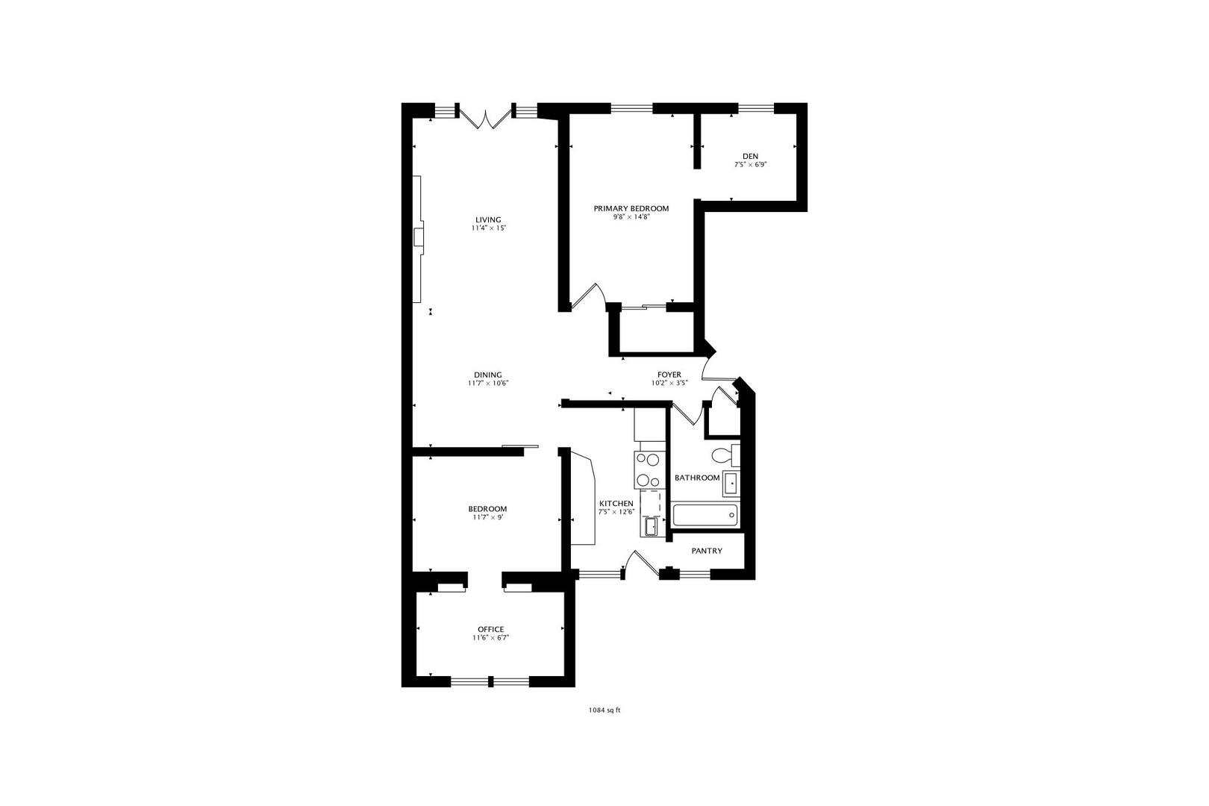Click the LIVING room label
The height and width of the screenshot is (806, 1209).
point(488,219)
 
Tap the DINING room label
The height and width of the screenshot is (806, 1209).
point(488,375)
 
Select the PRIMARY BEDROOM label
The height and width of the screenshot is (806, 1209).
point(631,208)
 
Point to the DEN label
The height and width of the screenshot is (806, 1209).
point(750,157)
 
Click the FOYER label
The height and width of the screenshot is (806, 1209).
point(669,375)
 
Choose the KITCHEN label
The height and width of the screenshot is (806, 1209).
point(616,504)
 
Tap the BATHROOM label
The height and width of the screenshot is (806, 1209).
point(697,478)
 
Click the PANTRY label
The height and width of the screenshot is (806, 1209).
point(707,551)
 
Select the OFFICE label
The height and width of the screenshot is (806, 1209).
point(491,629)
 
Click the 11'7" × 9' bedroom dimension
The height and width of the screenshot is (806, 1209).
point(488,517)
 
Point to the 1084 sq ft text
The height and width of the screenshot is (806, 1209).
point(604,710)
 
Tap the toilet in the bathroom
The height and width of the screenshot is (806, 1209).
point(726,455)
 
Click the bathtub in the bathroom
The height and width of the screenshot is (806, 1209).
point(705,515)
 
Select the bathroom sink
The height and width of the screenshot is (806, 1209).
point(731,484)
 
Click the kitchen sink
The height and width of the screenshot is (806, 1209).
point(651,526)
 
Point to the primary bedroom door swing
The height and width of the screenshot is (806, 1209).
point(588,297)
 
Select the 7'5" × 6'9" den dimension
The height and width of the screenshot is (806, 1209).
point(750,165)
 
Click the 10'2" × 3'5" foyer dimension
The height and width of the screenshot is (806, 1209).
point(669,384)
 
